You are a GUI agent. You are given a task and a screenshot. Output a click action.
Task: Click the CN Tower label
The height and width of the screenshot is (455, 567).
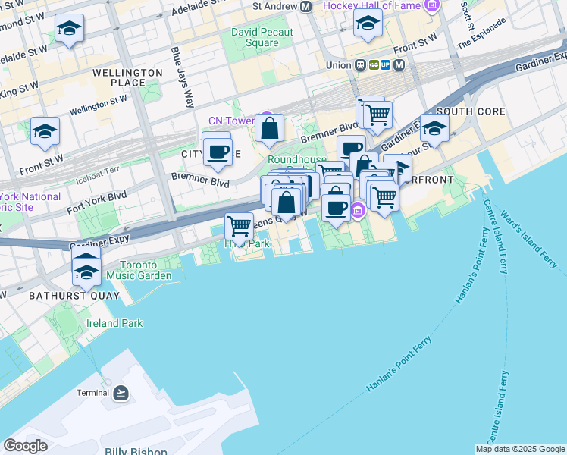tap(230, 121)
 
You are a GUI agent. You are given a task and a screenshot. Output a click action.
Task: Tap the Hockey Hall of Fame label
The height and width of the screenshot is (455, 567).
tap(371, 6)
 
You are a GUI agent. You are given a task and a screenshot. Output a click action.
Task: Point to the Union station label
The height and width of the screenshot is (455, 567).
tap(338, 65)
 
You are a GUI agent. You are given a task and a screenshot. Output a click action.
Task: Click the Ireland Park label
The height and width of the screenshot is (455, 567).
tap(114, 323)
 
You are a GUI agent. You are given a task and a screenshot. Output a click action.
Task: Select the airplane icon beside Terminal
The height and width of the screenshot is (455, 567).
tap(121, 393)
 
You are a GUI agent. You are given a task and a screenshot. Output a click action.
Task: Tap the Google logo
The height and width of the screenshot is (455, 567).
tap(26, 446)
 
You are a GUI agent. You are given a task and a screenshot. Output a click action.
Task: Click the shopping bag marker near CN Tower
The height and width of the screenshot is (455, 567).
tap(269, 128)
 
